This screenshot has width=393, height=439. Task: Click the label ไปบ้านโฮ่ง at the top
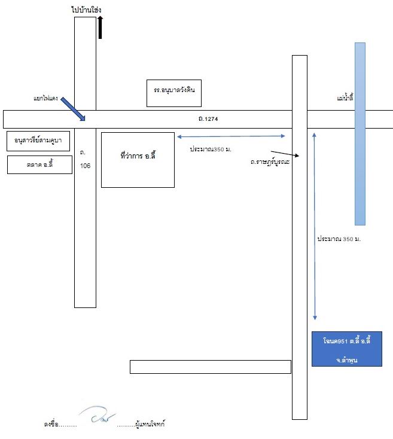coord(86,10)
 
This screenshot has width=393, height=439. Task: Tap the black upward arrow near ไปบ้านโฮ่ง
coord(100,27)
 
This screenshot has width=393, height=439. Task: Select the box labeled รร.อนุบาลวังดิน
coord(174,93)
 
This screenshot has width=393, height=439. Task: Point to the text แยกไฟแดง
coord(45,98)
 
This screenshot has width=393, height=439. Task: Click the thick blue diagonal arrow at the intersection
coord(73,109)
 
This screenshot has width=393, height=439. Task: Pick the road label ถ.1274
coord(208,118)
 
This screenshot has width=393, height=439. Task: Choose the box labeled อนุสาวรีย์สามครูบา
coord(38,141)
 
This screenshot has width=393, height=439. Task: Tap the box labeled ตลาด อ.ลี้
coord(39,165)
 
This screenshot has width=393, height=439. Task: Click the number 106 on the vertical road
coord(86,166)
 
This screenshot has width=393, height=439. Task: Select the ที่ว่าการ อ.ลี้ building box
coord(138,160)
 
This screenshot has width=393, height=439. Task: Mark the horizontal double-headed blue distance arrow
coord(231,136)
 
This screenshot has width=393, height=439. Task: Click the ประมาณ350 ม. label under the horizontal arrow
coord(211,150)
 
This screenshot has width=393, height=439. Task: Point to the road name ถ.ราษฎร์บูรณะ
coord(270,162)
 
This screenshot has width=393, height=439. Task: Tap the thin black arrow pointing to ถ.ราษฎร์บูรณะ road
coord(285,154)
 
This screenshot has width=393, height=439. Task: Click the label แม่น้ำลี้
coord(345,98)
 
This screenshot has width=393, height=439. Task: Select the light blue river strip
coord(360,134)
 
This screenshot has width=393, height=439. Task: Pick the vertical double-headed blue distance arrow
coord(315,226)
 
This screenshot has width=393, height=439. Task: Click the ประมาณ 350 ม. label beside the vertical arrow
coord(339,239)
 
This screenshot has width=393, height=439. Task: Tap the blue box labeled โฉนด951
coord(347,349)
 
